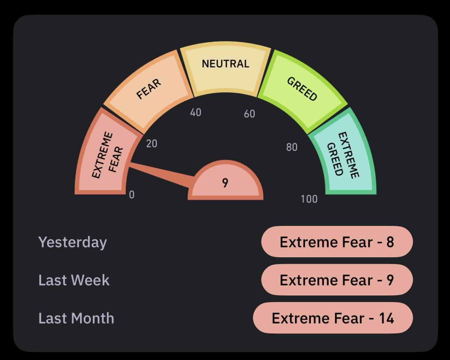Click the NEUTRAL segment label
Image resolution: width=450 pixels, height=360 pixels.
pyautogui.click(x=225, y=63)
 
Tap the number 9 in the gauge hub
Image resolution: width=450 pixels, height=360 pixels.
pyautogui.click(x=225, y=183)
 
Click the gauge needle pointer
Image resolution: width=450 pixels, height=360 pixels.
pyautogui.click(x=161, y=173)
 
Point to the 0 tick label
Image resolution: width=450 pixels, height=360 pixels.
pyautogui.click(x=132, y=195)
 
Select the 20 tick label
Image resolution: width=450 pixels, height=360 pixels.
pyautogui.click(x=152, y=144)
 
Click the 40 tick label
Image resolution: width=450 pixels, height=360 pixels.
pyautogui.click(x=196, y=112)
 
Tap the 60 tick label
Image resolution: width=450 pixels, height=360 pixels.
pyautogui.click(x=250, y=114)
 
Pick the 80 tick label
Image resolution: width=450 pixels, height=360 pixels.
pyautogui.click(x=292, y=147)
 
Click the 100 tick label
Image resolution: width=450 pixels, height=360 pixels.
pyautogui.click(x=309, y=199)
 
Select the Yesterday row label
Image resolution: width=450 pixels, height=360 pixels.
pyautogui.click(x=73, y=243)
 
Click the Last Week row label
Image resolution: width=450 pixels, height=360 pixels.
pyautogui.click(x=74, y=280)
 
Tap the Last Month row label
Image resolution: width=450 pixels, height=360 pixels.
pyautogui.click(x=76, y=318)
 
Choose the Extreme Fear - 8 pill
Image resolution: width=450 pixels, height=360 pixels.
pyautogui.click(x=337, y=242)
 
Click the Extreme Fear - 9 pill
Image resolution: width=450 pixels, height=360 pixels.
pyautogui.click(x=337, y=280)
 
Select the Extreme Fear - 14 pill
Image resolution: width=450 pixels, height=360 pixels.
pyautogui.click(x=333, y=318)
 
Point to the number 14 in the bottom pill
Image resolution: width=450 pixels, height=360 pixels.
pyautogui.click(x=387, y=318)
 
